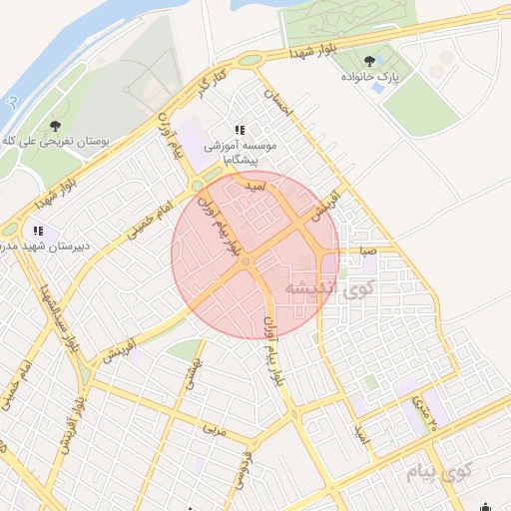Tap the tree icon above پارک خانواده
371,62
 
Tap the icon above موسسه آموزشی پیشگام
239,130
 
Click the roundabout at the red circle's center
245,261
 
